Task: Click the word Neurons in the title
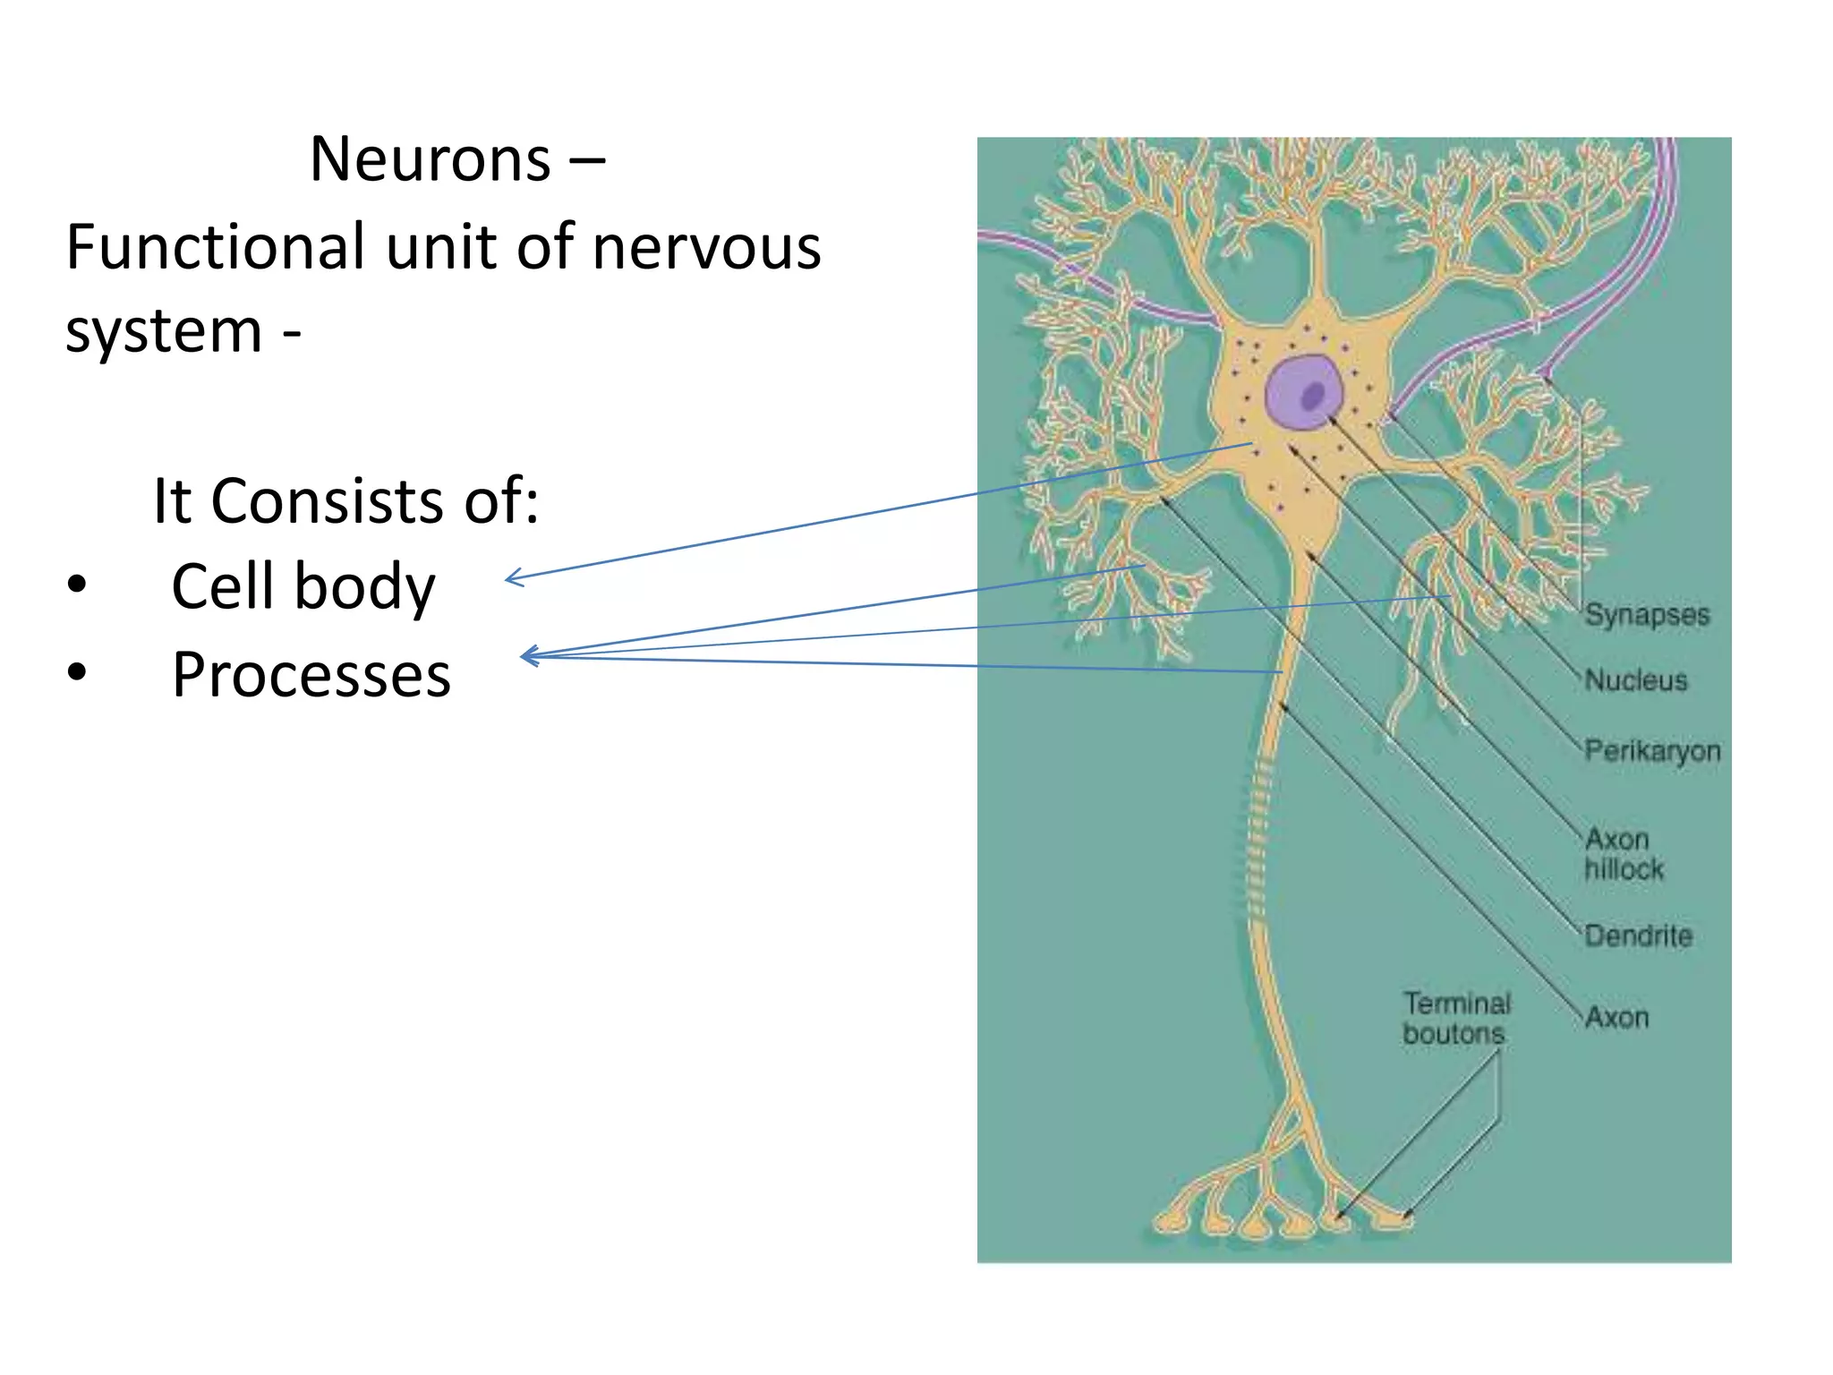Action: point(430,159)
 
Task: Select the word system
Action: point(164,331)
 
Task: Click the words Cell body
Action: point(303,587)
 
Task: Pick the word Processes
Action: point(311,675)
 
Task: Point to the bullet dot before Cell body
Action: point(77,585)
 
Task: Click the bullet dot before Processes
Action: point(77,672)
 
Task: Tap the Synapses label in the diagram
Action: point(1646,614)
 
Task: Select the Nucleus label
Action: point(1635,680)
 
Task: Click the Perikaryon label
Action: point(1651,750)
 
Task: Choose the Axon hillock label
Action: point(1622,854)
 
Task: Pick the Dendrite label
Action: point(1638,935)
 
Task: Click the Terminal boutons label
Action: point(1456,1018)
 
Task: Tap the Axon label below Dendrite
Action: point(1616,1018)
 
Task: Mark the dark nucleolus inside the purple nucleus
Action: point(1313,395)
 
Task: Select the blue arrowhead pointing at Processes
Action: point(526,656)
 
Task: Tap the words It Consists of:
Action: point(345,500)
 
